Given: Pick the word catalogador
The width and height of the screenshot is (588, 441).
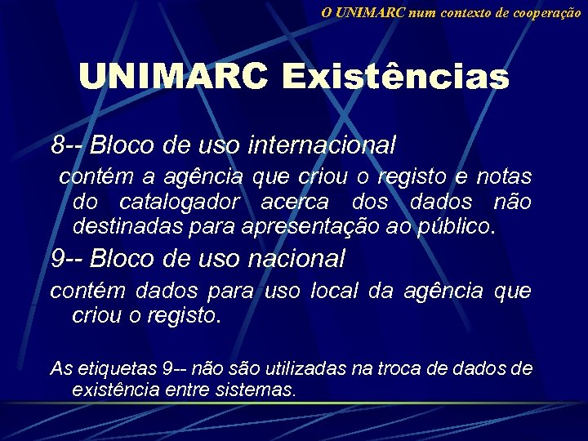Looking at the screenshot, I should click(x=180, y=201).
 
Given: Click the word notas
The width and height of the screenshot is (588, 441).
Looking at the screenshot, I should click(x=504, y=176).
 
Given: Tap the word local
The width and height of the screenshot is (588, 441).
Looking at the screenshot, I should click(x=334, y=291).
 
